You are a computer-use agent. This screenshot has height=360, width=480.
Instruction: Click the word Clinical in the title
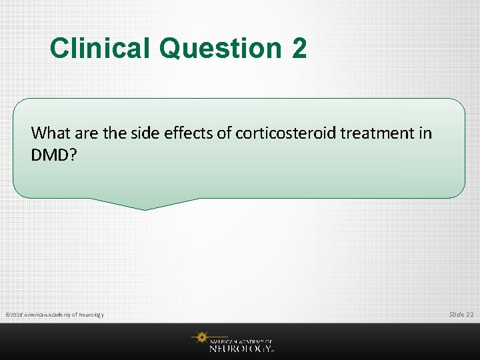click(101, 48)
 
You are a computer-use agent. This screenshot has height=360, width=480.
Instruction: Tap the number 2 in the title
click(299, 48)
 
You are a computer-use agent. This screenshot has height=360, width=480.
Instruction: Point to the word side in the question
click(134, 133)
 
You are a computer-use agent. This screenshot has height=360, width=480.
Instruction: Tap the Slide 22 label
click(461, 313)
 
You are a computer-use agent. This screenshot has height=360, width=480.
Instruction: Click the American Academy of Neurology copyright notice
click(54, 314)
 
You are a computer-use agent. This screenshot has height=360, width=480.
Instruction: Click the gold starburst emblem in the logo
click(200, 339)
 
